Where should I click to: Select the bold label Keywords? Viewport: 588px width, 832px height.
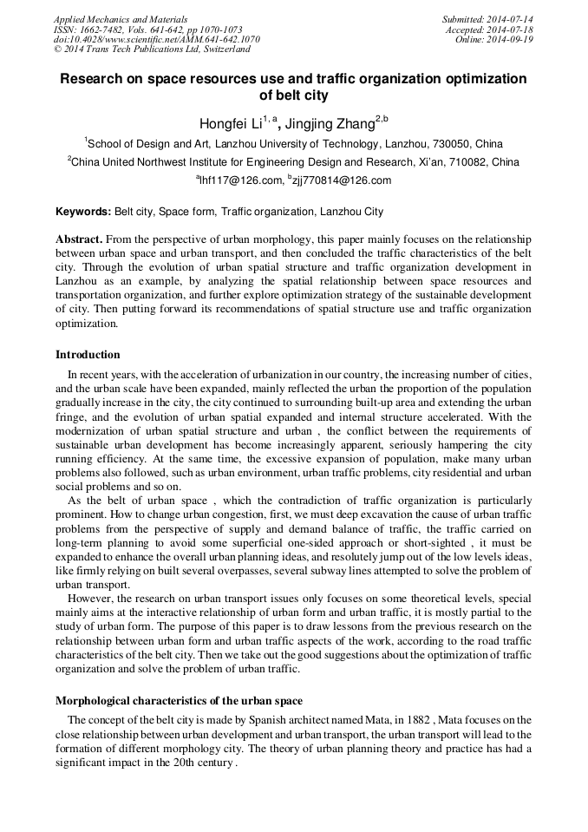point(83,212)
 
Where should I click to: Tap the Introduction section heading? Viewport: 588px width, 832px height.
point(88,354)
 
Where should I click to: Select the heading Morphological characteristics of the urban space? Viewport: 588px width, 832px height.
point(179,700)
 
